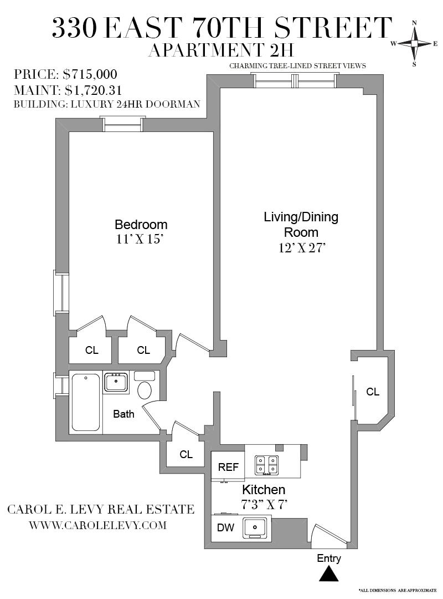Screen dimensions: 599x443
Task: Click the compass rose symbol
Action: tap(414, 43)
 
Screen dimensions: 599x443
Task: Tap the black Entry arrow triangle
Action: tap(329, 574)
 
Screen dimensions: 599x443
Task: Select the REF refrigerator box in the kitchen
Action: tap(228, 466)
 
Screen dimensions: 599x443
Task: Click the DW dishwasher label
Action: tap(225, 528)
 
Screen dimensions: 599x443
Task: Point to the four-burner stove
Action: tap(266, 465)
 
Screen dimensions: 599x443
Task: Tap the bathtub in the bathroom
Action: tap(86, 402)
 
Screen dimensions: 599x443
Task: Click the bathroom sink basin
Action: tap(116, 382)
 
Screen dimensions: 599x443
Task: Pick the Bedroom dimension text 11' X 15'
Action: tap(141, 240)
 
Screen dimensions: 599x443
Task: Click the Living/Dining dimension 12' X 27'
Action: tap(301, 248)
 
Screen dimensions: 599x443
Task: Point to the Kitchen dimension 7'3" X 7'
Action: tap(263, 504)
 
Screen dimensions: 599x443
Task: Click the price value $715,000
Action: tap(90, 74)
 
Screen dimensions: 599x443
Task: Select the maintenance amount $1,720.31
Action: tap(93, 89)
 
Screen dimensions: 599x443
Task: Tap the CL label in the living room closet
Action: tap(373, 392)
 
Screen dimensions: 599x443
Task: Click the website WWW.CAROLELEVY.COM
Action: tap(97, 525)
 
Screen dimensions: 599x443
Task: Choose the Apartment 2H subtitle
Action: tap(220, 50)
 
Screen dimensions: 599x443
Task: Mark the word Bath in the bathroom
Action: tap(123, 414)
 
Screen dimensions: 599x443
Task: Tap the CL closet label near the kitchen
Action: tap(186, 454)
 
